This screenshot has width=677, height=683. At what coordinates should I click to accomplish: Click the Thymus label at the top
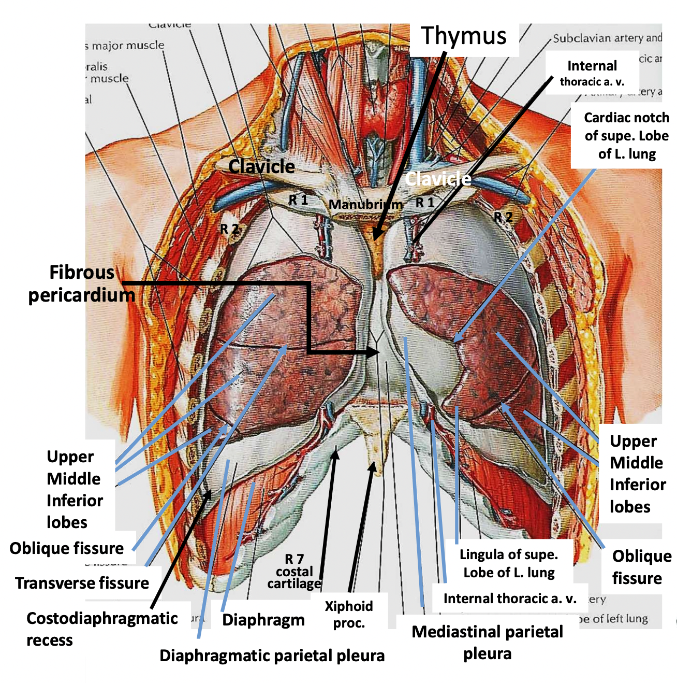click(x=464, y=36)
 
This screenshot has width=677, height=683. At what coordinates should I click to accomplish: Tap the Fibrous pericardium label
click(x=81, y=283)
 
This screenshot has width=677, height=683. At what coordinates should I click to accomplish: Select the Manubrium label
click(x=365, y=205)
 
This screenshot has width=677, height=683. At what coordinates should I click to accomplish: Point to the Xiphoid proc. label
click(x=349, y=614)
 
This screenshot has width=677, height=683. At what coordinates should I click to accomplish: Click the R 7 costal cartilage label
click(x=294, y=572)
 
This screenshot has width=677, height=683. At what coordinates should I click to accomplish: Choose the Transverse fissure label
click(x=82, y=583)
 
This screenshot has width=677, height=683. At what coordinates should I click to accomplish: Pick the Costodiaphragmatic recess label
click(x=102, y=629)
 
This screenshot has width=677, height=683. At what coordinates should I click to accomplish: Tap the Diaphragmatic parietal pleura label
click(x=272, y=656)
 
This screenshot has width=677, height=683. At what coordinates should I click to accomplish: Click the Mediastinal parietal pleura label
click(x=487, y=643)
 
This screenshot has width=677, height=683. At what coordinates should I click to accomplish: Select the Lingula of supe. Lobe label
click(x=509, y=563)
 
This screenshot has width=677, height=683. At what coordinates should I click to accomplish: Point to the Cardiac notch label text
click(x=626, y=136)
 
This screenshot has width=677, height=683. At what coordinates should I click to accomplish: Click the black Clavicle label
click(x=261, y=166)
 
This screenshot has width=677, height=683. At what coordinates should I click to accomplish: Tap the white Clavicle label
click(x=438, y=179)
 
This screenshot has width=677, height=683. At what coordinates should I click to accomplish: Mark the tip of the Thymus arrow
click(x=375, y=239)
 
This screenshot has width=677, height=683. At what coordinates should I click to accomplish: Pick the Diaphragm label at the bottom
click(x=263, y=620)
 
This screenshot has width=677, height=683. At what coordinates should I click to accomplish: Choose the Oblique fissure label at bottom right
click(x=641, y=567)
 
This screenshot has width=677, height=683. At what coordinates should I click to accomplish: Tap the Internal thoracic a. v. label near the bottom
click(x=510, y=599)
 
